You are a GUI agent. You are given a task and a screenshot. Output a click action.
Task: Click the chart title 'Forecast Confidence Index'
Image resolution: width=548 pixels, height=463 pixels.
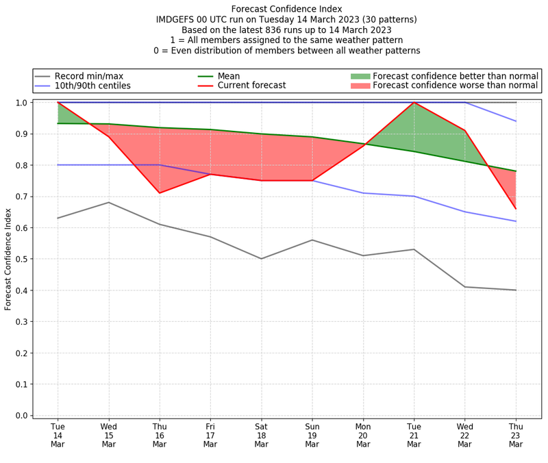coord(286,9)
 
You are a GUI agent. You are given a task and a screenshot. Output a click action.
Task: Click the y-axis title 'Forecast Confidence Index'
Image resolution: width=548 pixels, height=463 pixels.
coord(8,258)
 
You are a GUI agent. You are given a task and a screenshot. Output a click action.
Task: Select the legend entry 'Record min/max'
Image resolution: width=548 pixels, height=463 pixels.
coord(88,76)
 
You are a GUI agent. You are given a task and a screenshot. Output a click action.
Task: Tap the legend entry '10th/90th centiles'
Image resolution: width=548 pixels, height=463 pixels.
coord(92,86)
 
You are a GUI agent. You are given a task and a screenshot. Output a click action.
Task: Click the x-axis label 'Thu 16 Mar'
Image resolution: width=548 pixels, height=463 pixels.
coord(160,436)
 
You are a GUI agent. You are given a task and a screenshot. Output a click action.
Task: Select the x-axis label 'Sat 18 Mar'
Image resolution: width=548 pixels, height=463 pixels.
coord(261,436)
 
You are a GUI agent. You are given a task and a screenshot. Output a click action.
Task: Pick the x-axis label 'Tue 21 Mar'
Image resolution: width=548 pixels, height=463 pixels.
coord(414,436)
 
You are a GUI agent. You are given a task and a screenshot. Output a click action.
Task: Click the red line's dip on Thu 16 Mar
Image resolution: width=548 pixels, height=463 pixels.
coord(160,193)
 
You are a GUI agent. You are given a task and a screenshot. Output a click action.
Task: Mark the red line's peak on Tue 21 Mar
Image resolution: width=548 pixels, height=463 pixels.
coord(414,103)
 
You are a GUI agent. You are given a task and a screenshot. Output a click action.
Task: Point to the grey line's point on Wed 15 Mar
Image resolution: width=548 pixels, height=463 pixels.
coord(109,202)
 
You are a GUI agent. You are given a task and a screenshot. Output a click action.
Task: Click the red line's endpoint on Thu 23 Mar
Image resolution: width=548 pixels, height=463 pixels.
coord(515,209)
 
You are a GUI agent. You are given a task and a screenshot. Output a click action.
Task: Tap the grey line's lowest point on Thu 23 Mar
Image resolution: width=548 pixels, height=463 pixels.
coord(515,290)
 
